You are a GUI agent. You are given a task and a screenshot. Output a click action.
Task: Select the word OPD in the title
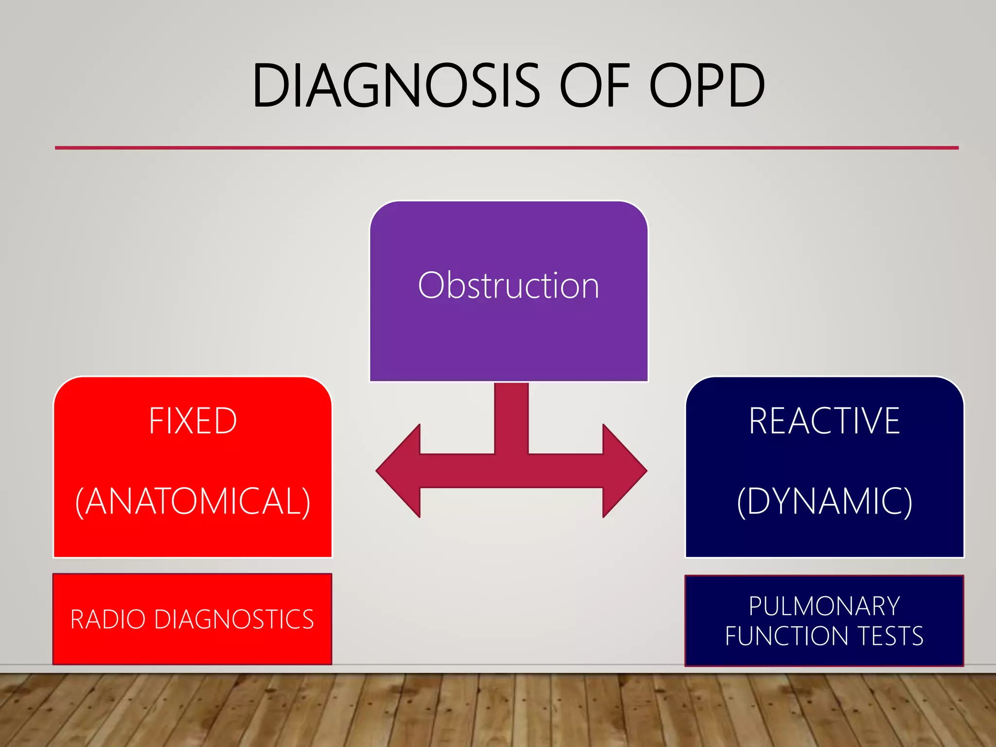click(707, 86)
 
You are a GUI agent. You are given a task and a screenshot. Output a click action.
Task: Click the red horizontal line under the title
click(506, 147)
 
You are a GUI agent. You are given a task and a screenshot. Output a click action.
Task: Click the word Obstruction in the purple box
click(508, 286)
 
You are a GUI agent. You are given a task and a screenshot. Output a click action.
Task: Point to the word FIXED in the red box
click(193, 421)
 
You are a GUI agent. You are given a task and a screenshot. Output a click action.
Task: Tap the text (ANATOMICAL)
click(193, 501)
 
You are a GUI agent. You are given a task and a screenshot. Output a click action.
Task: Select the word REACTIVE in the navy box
click(824, 421)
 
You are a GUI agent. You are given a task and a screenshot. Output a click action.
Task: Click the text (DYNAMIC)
click(824, 501)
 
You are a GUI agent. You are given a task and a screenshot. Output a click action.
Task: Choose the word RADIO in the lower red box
click(107, 620)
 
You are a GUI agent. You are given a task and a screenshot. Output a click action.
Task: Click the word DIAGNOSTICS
click(234, 620)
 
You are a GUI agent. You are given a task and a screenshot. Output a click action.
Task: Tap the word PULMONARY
click(824, 606)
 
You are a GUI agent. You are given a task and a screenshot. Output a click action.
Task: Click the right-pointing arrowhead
click(624, 471)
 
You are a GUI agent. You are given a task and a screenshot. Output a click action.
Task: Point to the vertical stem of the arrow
click(511, 418)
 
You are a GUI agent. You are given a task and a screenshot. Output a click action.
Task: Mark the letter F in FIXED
click(156, 421)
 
